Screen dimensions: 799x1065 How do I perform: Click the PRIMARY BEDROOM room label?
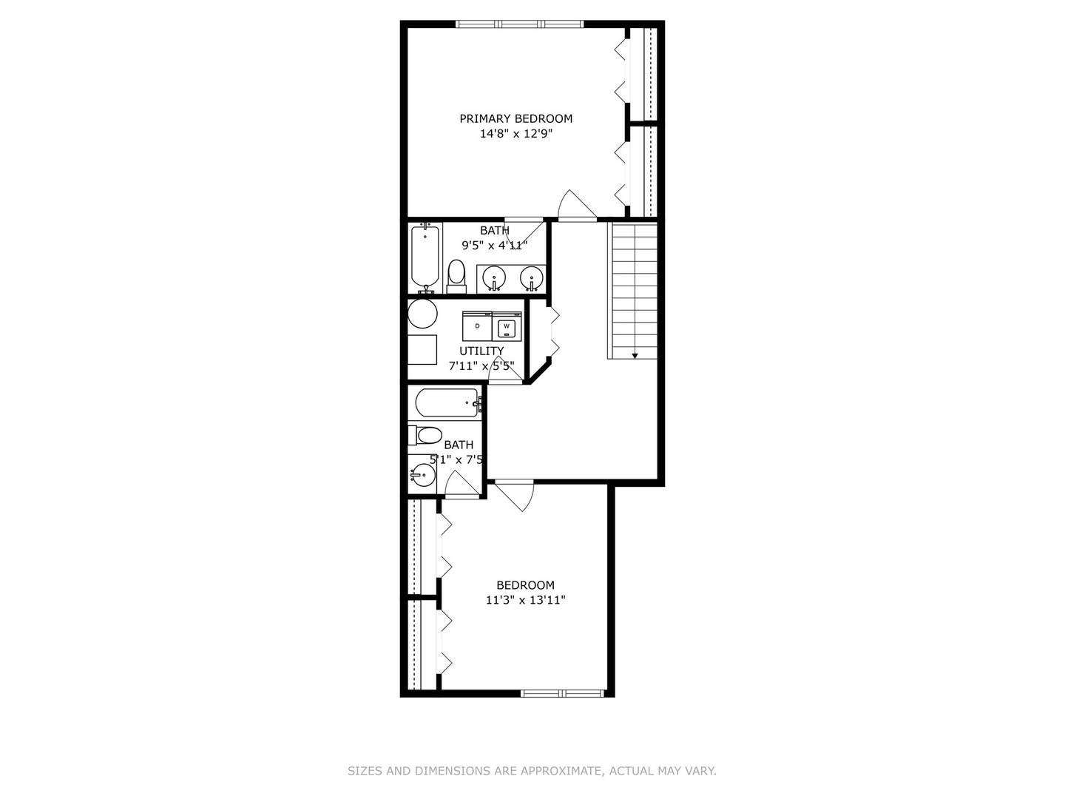coord(515,118)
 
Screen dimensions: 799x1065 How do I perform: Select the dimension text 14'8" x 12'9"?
coord(516,134)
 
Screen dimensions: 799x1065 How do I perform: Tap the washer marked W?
coord(507,326)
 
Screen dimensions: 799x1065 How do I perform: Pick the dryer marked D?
coord(477,326)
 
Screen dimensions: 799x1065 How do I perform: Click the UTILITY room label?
coord(481,351)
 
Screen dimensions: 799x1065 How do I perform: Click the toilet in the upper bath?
coord(456,274)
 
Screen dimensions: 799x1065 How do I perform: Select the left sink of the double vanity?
coord(493,278)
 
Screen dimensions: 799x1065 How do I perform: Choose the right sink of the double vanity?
coord(530,278)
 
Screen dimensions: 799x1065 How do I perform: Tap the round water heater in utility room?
coord(422,314)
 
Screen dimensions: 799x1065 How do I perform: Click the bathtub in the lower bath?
coord(447,403)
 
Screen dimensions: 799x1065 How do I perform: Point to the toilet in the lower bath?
coord(426,435)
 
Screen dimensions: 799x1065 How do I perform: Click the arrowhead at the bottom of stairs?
coord(635,356)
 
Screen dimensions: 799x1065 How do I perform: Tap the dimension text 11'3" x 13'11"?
coord(525,601)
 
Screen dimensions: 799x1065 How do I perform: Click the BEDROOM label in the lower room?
coord(525,585)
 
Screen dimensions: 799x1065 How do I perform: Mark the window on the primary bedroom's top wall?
coord(520,24)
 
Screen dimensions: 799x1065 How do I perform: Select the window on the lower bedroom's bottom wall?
coord(563,693)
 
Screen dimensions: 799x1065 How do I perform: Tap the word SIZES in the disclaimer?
coord(365,771)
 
